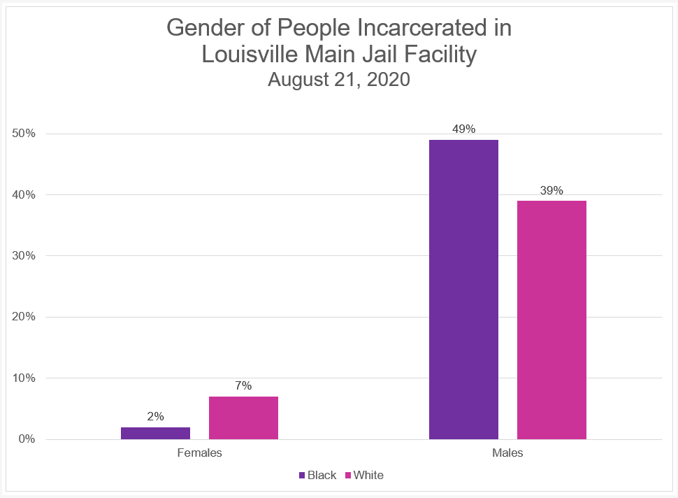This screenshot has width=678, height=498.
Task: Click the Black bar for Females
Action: (155, 433)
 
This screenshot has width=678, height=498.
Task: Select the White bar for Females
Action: (243, 418)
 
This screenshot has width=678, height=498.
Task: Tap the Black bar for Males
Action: (463, 290)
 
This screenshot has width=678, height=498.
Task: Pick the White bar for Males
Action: (551, 320)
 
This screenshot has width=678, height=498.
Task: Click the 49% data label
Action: (463, 129)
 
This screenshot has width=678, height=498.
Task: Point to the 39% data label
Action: (551, 190)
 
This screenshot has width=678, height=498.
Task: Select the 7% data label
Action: (243, 385)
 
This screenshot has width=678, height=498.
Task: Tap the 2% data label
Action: (155, 416)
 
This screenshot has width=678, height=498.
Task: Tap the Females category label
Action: (199, 453)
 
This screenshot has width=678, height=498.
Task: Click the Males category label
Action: (507, 453)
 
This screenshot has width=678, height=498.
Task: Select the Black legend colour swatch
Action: (302, 476)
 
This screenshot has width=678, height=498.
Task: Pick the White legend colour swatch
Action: (348, 476)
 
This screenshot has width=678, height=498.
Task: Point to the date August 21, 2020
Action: (338, 80)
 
